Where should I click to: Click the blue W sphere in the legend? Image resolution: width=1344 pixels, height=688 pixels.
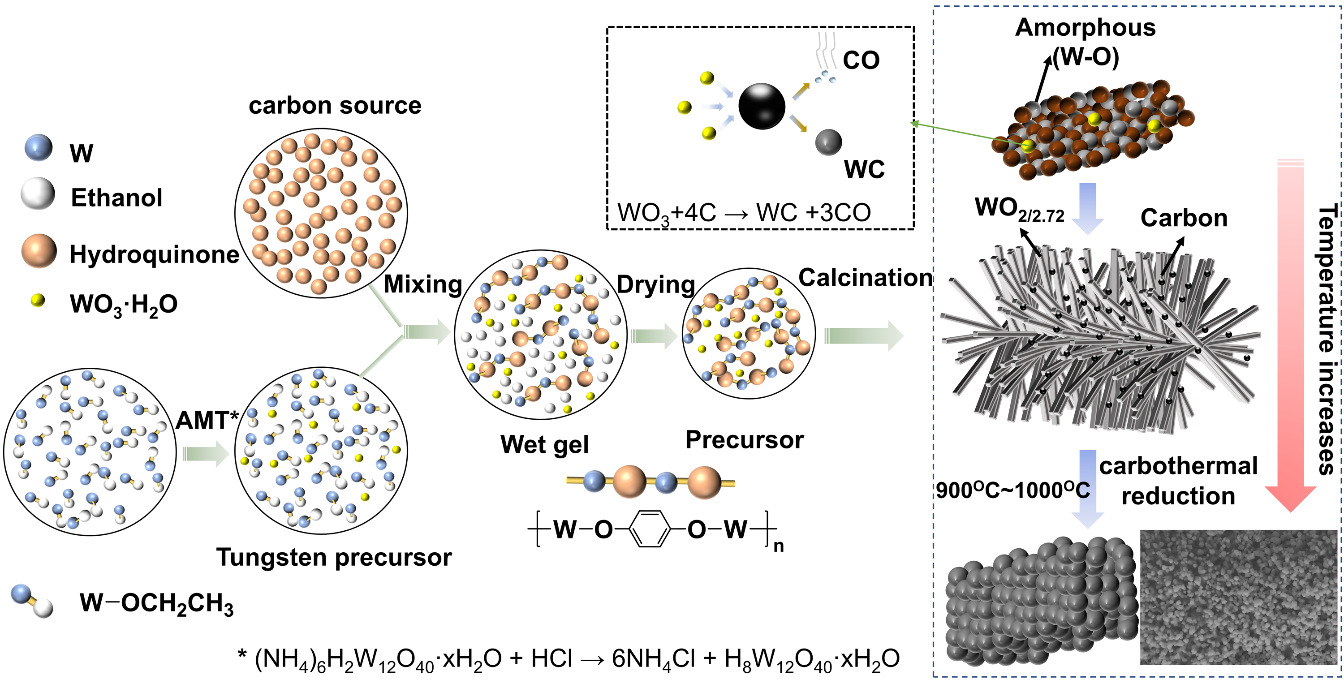[x=39, y=148]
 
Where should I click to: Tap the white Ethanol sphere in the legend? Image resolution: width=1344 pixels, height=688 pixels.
[x=38, y=193]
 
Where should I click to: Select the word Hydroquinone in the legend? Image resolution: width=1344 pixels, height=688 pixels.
[x=154, y=254]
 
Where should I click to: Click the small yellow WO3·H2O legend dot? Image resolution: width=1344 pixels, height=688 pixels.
[x=38, y=301]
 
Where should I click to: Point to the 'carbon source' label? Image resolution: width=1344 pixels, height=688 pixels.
[x=335, y=105]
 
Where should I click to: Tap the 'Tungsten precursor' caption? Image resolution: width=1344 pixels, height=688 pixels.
[x=334, y=557]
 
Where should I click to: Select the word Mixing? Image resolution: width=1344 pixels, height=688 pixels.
[x=422, y=285]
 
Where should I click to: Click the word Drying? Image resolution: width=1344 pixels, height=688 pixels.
[x=655, y=285]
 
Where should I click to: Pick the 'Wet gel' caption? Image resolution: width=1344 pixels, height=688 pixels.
[x=544, y=444]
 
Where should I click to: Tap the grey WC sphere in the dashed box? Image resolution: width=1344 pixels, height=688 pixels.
[x=828, y=142]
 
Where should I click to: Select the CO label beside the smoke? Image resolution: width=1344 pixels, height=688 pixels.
[x=861, y=60]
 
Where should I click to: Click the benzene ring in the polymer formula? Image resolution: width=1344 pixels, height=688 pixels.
[x=649, y=529]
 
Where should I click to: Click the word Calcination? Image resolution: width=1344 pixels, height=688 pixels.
[x=866, y=278]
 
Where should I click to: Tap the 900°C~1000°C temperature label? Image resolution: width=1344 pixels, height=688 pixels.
[x=1012, y=490]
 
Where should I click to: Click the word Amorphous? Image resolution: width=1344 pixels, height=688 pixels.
[x=1085, y=28]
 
